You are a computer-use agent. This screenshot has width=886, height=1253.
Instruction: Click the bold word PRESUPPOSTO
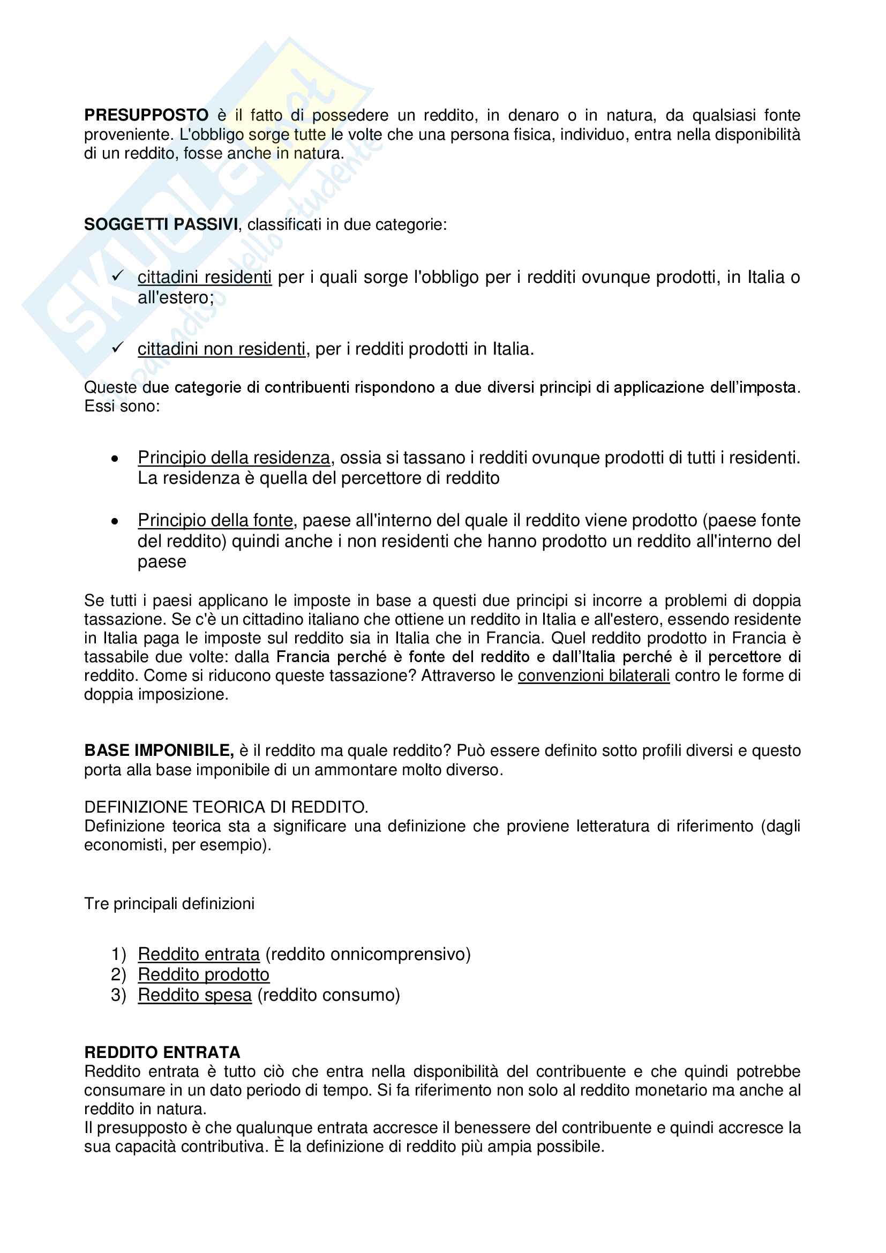pyautogui.click(x=146, y=115)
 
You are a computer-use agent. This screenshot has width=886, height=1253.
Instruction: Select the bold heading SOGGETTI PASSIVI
pyautogui.click(x=161, y=224)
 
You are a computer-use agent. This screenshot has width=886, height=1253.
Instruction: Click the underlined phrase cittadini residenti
pyautogui.click(x=204, y=277)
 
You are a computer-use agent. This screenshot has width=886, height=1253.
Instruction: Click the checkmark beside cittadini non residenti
pyautogui.click(x=117, y=348)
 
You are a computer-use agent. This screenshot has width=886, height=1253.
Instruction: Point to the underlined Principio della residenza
pyautogui.click(x=234, y=457)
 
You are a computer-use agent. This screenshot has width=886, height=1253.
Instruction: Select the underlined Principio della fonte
pyautogui.click(x=215, y=520)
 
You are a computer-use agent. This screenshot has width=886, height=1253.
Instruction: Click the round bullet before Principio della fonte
pyautogui.click(x=115, y=522)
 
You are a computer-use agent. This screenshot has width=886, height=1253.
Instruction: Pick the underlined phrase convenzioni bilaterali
pyautogui.click(x=593, y=676)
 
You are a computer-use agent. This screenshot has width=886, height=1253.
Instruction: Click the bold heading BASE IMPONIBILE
pyautogui.click(x=159, y=751)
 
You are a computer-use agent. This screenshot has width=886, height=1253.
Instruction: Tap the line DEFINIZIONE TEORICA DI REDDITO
pyautogui.click(x=226, y=807)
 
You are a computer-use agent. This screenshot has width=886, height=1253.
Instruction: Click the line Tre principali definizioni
pyautogui.click(x=169, y=904)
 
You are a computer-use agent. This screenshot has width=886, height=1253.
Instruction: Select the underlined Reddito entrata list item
pyautogui.click(x=199, y=954)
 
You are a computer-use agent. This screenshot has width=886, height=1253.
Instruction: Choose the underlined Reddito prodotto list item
pyautogui.click(x=204, y=974)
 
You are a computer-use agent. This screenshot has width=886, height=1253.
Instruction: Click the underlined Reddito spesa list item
pyautogui.click(x=195, y=995)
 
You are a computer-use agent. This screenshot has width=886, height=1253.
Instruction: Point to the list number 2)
pyautogui.click(x=118, y=974)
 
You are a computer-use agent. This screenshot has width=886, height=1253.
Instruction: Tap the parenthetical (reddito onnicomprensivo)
pyautogui.click(x=367, y=954)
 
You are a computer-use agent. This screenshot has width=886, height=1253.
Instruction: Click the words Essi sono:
pyautogui.click(x=122, y=406)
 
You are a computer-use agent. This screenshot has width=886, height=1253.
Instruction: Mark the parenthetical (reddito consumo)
pyautogui.click(x=328, y=995)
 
